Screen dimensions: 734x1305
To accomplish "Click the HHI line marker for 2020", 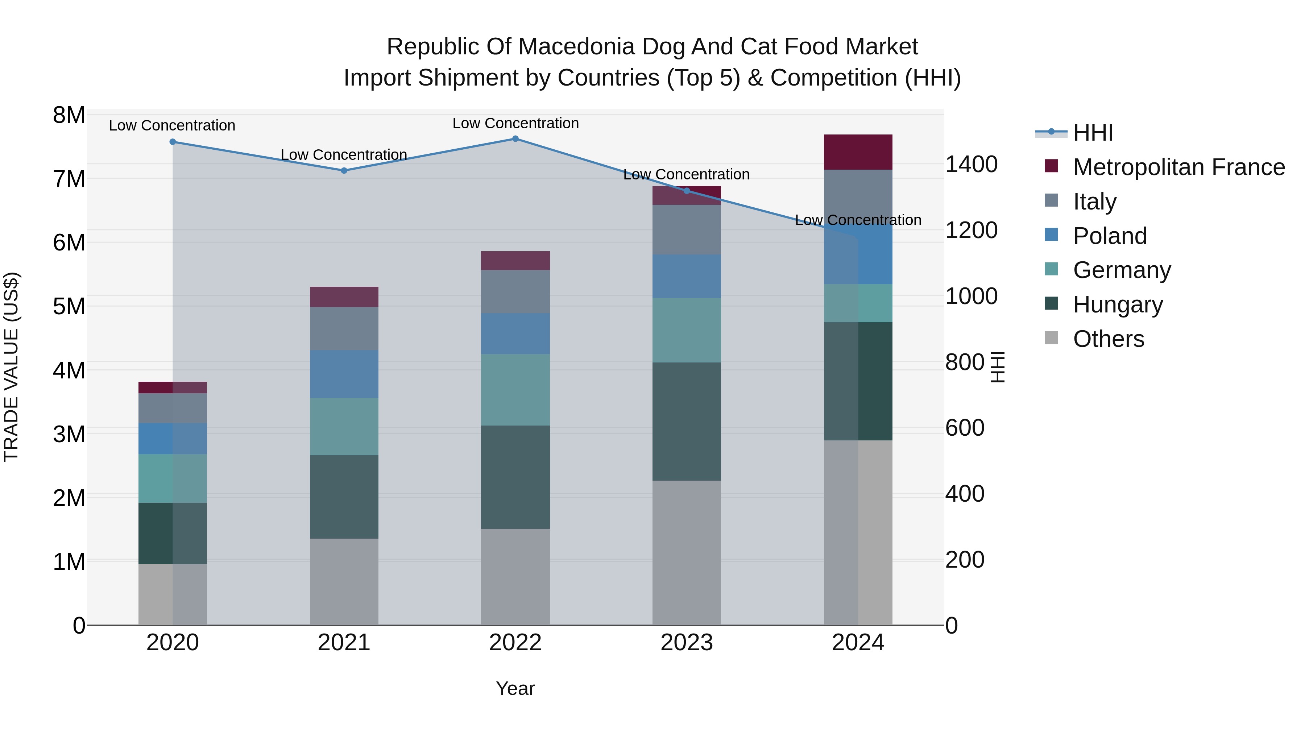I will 173,142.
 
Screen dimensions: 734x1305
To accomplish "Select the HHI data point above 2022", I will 515,139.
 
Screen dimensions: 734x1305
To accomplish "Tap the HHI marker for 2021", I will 344,171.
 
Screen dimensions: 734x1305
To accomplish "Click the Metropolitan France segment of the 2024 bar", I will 858,152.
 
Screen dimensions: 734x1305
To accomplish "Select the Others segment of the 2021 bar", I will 344,581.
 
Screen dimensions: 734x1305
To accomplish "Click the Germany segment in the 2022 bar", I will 515,390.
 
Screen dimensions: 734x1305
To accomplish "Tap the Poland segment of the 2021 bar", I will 344,374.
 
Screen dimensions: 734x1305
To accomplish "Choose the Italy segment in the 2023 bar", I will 687,229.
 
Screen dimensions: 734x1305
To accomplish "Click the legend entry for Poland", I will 1110,236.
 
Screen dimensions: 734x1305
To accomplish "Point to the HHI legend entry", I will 1093,133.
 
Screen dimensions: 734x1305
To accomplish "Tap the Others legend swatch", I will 1051,338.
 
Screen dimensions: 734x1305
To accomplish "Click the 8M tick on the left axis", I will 69,115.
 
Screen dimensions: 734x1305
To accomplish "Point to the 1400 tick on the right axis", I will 971,165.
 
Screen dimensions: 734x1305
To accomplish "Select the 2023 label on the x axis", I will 687,643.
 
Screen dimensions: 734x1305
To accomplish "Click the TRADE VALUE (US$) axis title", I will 11,367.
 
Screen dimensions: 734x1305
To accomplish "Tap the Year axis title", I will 515,688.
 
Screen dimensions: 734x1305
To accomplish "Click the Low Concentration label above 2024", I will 858,220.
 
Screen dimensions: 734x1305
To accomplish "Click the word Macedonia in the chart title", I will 586,47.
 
